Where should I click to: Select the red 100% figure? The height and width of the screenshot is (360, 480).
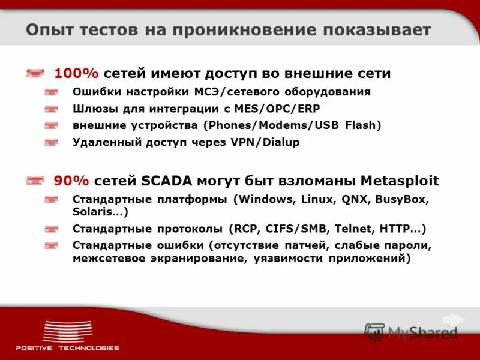tap(76, 73)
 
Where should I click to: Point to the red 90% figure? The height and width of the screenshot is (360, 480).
tap(71, 181)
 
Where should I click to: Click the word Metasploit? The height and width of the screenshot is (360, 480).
tap(400, 181)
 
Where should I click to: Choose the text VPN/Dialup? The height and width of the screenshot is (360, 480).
tap(268, 142)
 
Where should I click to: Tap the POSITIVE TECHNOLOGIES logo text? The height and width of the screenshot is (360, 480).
tap(67, 348)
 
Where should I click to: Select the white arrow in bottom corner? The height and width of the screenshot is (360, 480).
tap(453, 320)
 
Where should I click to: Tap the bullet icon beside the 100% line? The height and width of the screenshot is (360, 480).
tap(36, 74)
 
